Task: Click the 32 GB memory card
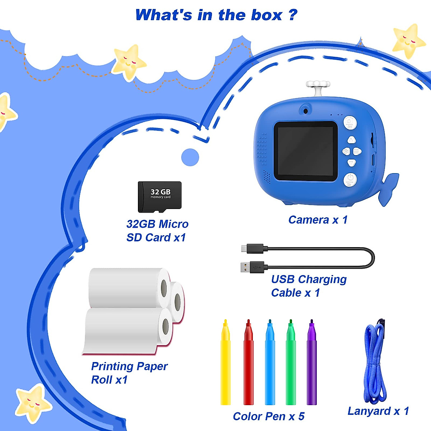point(159,197)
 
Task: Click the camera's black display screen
point(306,151)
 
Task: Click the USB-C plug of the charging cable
point(252,248)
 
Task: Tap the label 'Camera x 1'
point(318,220)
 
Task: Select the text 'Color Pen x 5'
point(268,416)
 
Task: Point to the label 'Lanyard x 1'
point(378,411)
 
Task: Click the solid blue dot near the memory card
point(190,157)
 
